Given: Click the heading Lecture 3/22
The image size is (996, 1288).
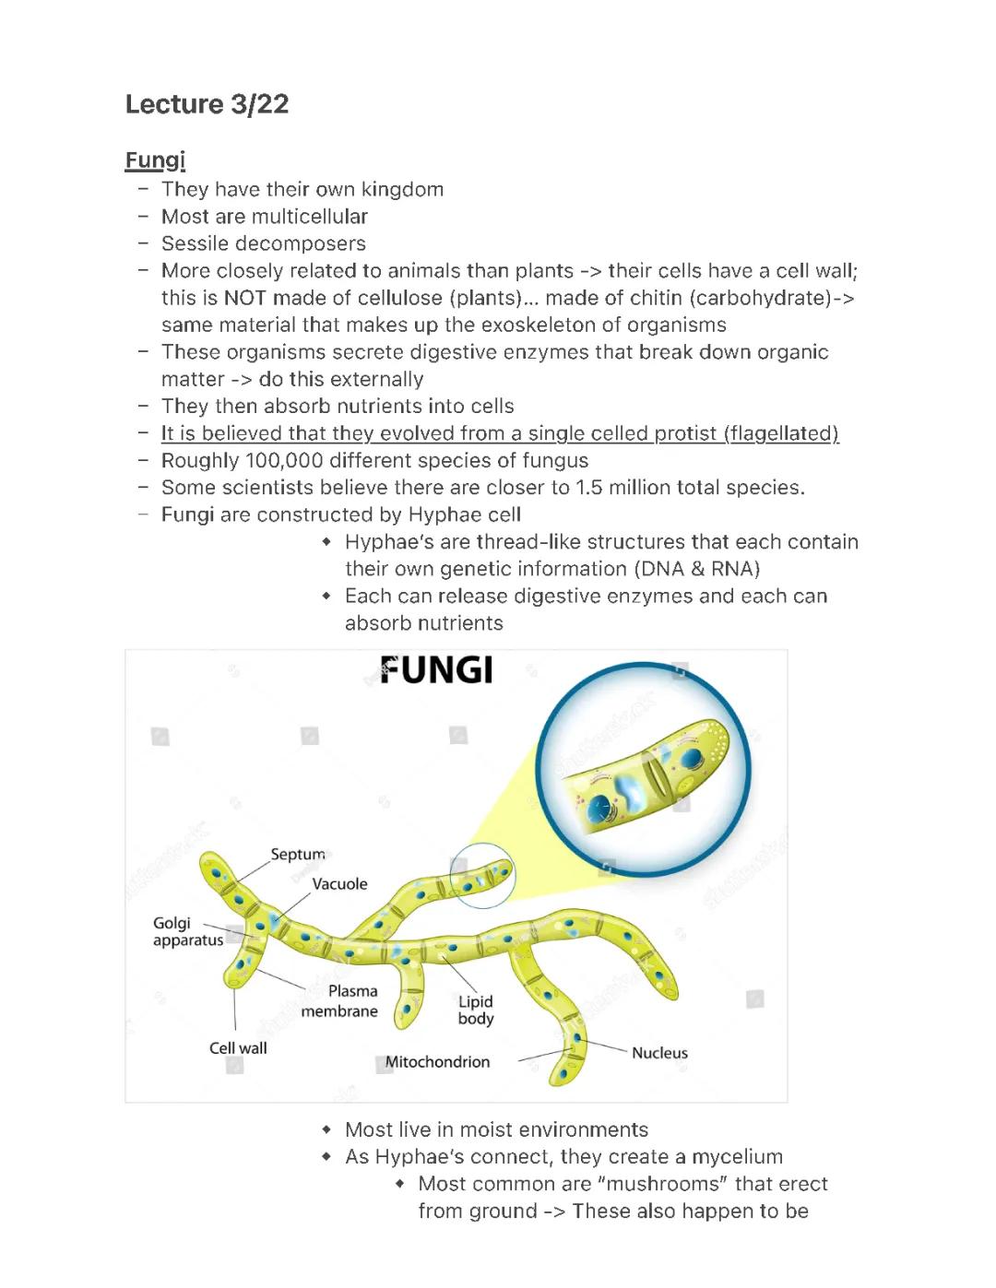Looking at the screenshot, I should (207, 104).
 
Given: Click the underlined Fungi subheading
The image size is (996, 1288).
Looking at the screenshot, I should (155, 160).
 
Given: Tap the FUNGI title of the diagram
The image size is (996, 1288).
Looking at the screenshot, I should (436, 670).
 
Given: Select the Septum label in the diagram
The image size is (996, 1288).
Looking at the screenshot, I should (298, 855).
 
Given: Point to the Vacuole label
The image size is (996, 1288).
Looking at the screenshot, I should (339, 884).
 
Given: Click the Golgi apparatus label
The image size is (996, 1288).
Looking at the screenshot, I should (187, 932).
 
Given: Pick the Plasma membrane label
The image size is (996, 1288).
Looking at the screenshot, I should (340, 1001).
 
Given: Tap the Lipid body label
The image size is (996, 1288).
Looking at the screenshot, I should (476, 1010).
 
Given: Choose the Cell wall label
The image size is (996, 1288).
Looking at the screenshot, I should (238, 1048).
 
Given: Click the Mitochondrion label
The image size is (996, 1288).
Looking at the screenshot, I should (437, 1062).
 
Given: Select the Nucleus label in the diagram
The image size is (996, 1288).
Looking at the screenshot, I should (659, 1053).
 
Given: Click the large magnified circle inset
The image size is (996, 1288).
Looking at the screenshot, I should (644, 768).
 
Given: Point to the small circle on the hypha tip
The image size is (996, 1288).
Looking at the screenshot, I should (482, 876).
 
